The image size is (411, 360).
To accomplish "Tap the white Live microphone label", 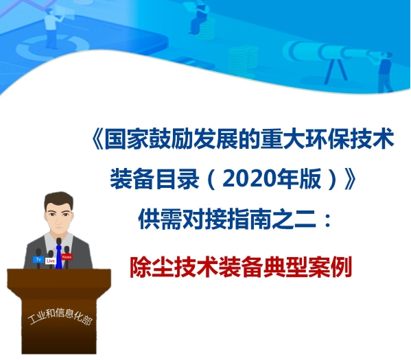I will coord(51,262).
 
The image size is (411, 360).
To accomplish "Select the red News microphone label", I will coord(67,257).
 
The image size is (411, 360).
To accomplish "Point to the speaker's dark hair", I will coord(59,199).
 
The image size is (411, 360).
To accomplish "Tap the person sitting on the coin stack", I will coord(199,17).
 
